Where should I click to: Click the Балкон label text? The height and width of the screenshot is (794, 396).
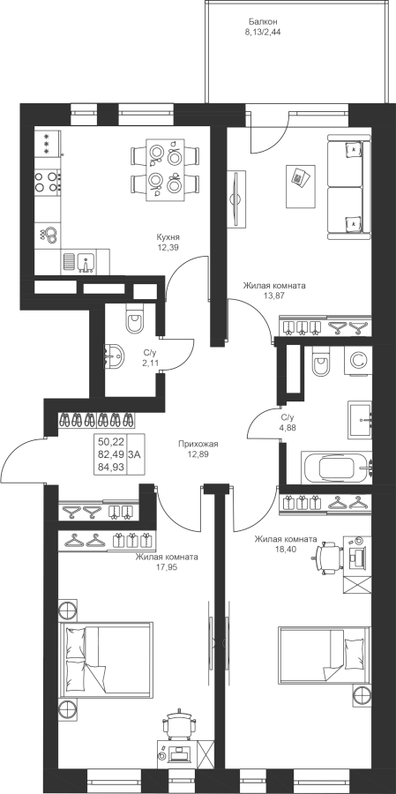[263, 22]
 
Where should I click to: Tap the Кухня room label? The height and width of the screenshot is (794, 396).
[168, 237]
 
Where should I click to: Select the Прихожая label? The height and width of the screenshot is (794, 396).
[198, 444]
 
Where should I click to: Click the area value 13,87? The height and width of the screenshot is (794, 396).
[274, 296]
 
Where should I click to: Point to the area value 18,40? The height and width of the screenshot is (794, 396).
[286, 549]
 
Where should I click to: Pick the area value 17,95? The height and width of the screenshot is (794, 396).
[167, 567]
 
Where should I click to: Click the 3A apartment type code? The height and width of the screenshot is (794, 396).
[135, 453]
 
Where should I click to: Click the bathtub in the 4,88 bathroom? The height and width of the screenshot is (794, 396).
[337, 468]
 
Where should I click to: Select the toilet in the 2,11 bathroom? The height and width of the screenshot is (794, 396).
[135, 319]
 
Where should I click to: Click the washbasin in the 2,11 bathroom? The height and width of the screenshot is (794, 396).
[114, 357]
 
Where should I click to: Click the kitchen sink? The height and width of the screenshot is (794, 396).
[85, 262]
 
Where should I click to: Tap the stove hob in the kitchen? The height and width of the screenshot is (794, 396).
[48, 182]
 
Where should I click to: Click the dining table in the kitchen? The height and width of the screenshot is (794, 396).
[165, 170]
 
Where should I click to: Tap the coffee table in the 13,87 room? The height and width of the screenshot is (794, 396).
[300, 185]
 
